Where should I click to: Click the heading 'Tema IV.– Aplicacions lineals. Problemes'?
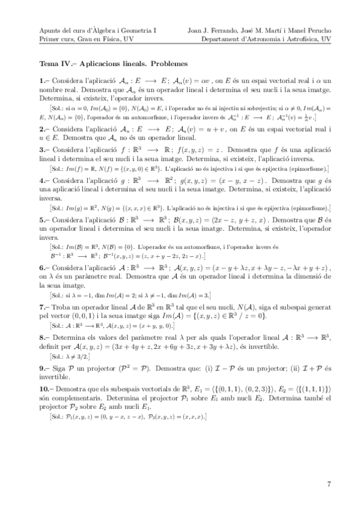click(114, 63)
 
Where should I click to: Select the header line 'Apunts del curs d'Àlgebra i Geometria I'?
click(97, 28)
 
